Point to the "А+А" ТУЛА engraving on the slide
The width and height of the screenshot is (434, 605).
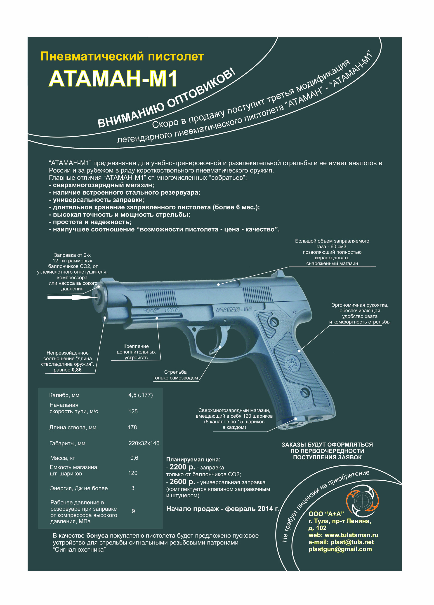(x=162, y=310)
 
